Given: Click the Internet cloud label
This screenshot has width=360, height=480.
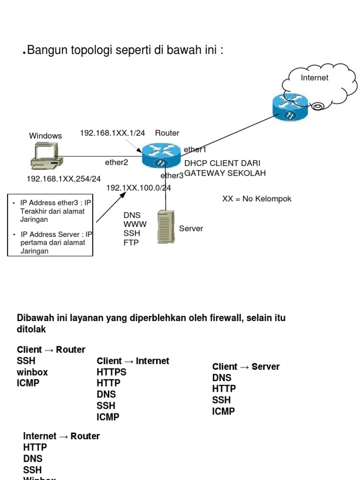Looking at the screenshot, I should click(x=315, y=78).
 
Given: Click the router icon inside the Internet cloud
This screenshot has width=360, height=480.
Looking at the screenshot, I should click(x=290, y=106).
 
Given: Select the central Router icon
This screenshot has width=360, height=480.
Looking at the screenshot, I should click(x=162, y=155).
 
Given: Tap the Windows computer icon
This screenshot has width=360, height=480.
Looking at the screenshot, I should click(x=45, y=157).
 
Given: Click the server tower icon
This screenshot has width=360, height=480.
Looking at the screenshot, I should click(x=165, y=226).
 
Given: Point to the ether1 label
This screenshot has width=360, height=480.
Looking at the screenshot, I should click(x=195, y=150).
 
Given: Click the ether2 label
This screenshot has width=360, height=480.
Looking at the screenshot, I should click(x=116, y=163).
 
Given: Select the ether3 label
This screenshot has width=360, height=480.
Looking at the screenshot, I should click(x=172, y=176).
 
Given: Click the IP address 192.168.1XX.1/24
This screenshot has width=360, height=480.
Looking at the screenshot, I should click(x=112, y=133).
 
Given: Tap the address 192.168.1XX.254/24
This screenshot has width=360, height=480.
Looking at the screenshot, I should click(x=64, y=179).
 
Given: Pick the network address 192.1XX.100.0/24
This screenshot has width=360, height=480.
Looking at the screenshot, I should click(x=138, y=188).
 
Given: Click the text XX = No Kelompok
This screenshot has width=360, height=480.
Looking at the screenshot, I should click(x=256, y=199).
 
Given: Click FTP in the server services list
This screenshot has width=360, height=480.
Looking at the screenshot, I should click(x=131, y=243).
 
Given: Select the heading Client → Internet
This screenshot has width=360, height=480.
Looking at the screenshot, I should click(x=133, y=361).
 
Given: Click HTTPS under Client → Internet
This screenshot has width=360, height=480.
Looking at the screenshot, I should click(x=111, y=372).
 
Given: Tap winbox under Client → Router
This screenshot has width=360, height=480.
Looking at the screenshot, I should click(x=32, y=372).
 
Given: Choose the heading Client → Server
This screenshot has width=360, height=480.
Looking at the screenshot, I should click(x=246, y=367).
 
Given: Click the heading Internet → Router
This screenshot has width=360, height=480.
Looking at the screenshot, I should click(x=61, y=436).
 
